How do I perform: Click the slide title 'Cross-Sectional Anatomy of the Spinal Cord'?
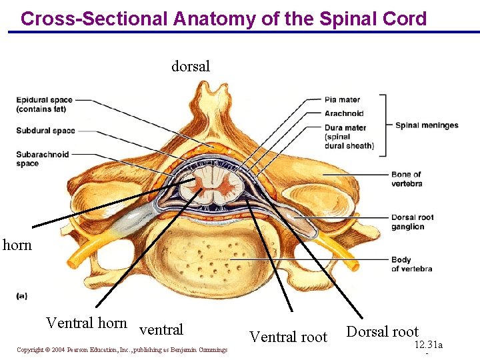223,18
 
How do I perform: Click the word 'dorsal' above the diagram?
191,66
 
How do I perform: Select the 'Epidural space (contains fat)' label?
45,105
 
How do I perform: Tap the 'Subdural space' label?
46,131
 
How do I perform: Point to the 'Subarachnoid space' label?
43,159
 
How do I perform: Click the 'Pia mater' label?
342,100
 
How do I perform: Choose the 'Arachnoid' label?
344,113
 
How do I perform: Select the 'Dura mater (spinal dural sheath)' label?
349,137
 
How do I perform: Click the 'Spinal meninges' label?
427,125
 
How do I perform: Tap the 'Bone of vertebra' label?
407,179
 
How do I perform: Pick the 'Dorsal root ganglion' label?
413,222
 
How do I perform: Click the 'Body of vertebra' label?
411,264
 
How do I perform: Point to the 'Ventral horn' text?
86,323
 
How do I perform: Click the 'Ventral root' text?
288,337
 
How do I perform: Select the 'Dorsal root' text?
382,332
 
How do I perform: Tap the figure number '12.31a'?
428,345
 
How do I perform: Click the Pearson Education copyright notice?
122,350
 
